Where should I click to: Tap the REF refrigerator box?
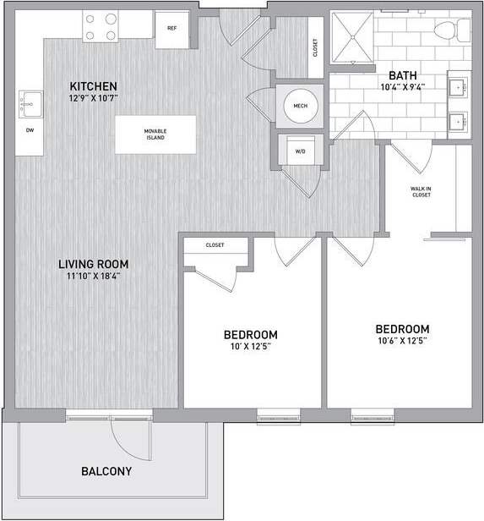coord(171,29)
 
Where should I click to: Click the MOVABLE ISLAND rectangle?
coord(155,134)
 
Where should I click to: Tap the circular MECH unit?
coord(299,106)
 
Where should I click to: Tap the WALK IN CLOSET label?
coord(421,191)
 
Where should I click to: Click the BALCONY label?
coord(106,471)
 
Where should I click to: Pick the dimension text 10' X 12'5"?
coord(251,346)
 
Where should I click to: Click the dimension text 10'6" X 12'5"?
coord(402,342)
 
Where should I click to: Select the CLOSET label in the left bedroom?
coord(215,245)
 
